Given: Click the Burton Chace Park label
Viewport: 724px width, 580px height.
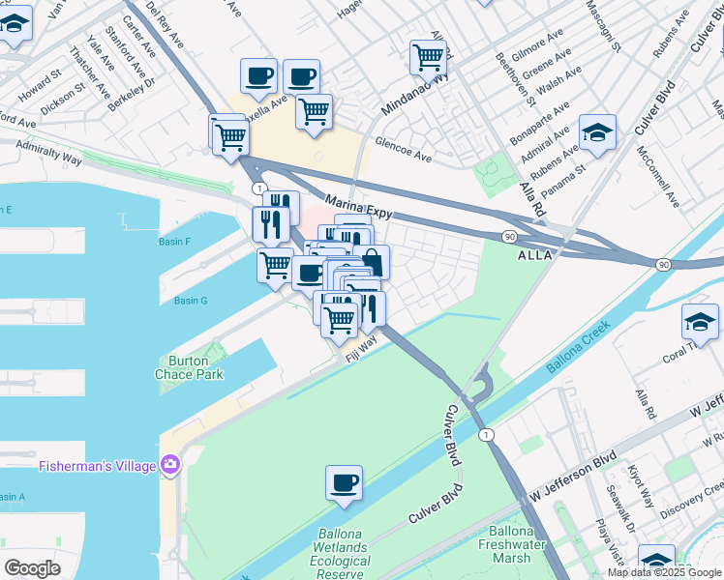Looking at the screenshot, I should (182, 367).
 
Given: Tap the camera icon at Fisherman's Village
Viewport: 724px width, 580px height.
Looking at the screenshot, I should (171, 466).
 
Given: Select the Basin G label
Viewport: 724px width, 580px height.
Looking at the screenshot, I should (191, 301).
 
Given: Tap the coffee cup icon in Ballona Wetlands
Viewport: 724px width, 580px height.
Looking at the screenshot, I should (344, 481).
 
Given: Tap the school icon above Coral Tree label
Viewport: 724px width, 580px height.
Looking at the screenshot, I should (700, 320).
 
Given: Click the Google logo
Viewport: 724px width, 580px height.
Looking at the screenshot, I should (32, 567).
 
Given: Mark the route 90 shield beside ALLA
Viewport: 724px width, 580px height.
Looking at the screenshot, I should (508, 236).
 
